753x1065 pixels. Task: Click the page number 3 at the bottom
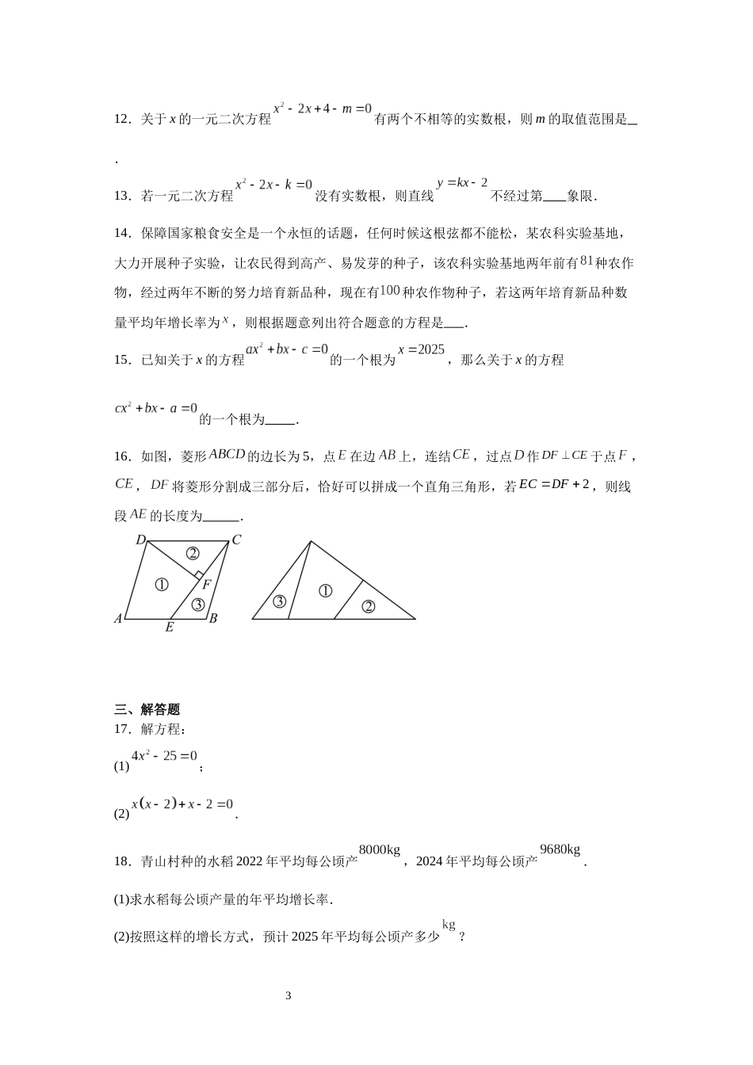coord(289,996)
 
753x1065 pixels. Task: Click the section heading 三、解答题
coord(147,709)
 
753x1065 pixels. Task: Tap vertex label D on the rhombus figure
coord(140,540)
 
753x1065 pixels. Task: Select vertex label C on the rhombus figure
coord(235,540)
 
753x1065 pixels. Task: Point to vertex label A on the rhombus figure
coord(118,618)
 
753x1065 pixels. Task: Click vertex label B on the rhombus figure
coord(213,618)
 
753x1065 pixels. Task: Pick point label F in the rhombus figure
coord(206,585)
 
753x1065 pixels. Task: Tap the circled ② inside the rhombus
coord(192,553)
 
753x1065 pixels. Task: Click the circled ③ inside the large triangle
coord(279,601)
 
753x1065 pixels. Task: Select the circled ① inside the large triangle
coord(325,590)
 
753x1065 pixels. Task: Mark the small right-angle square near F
coord(200,574)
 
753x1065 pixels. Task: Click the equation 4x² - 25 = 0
coord(164,756)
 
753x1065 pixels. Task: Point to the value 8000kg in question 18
coord(380,850)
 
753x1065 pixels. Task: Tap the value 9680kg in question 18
coord(560,850)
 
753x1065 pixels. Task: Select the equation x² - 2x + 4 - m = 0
coord(322,109)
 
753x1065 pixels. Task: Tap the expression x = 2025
coord(421,349)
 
